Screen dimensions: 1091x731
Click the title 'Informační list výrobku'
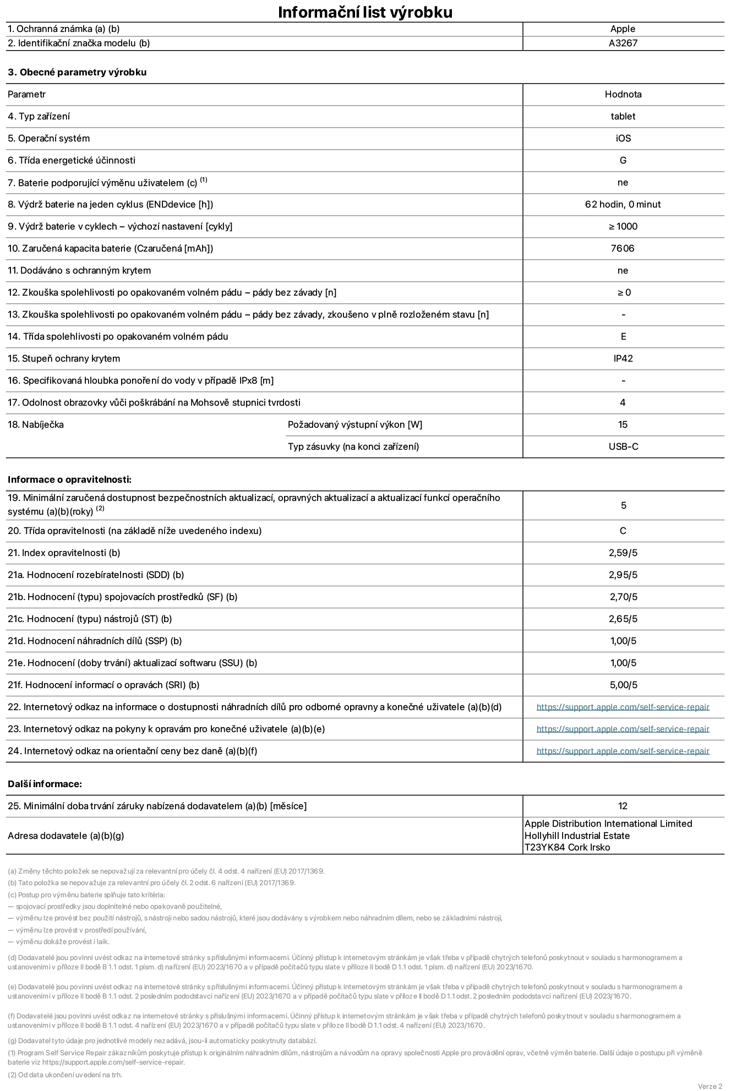365,12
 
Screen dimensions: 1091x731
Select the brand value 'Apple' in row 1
623,29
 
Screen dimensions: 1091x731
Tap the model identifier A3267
623,43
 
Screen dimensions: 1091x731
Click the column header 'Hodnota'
623,94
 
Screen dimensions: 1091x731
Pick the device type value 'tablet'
623,116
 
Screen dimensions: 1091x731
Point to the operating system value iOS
623,138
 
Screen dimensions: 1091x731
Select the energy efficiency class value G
623,160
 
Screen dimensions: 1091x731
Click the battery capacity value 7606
623,248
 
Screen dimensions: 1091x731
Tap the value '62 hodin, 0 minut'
623,204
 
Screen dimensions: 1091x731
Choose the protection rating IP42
623,358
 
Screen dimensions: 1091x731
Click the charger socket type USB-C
623,446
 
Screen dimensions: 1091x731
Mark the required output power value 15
623,424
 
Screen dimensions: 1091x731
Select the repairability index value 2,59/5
623,553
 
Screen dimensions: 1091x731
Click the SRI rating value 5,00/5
623,685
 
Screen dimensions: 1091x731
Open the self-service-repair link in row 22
623,707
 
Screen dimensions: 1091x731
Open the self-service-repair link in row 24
623,751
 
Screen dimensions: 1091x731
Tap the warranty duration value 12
623,806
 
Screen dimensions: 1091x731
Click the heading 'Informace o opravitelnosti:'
69,479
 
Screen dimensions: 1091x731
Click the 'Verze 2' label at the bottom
710,1086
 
